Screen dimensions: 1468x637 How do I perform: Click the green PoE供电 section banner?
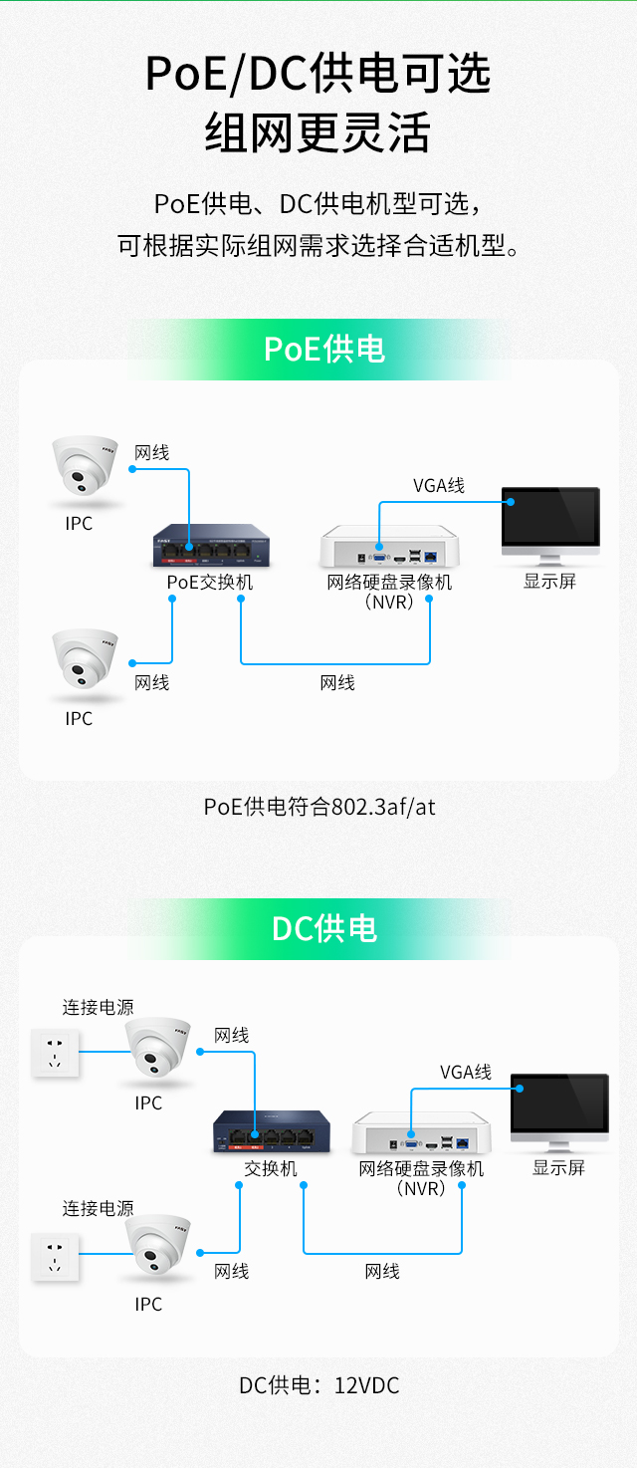(x=323, y=350)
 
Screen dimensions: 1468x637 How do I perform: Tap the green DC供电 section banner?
(x=324, y=928)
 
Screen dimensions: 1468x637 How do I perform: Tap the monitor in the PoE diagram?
(x=550, y=520)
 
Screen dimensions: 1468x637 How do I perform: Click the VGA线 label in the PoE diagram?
(x=439, y=486)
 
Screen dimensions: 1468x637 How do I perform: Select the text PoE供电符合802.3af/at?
(x=319, y=807)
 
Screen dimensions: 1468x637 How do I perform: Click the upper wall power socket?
(x=56, y=1053)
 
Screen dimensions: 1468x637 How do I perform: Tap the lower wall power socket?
(x=56, y=1255)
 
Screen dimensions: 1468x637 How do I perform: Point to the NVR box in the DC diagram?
(x=422, y=1136)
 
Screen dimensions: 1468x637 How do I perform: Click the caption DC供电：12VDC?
(x=318, y=1385)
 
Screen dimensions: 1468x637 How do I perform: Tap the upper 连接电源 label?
(x=98, y=1007)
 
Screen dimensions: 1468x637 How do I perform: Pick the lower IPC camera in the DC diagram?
(x=157, y=1247)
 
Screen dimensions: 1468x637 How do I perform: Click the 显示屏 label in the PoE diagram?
(x=549, y=582)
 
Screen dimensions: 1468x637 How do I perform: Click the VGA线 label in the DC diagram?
(x=466, y=1072)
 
